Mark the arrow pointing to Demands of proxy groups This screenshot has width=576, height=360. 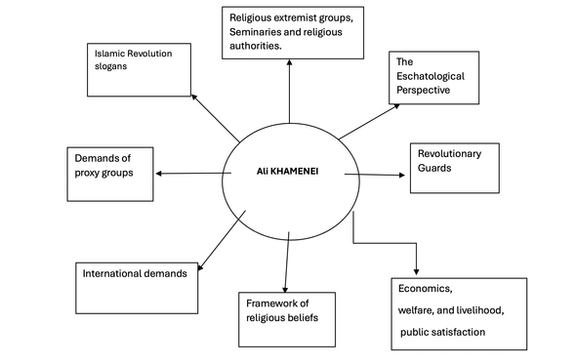click(x=190, y=174)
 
